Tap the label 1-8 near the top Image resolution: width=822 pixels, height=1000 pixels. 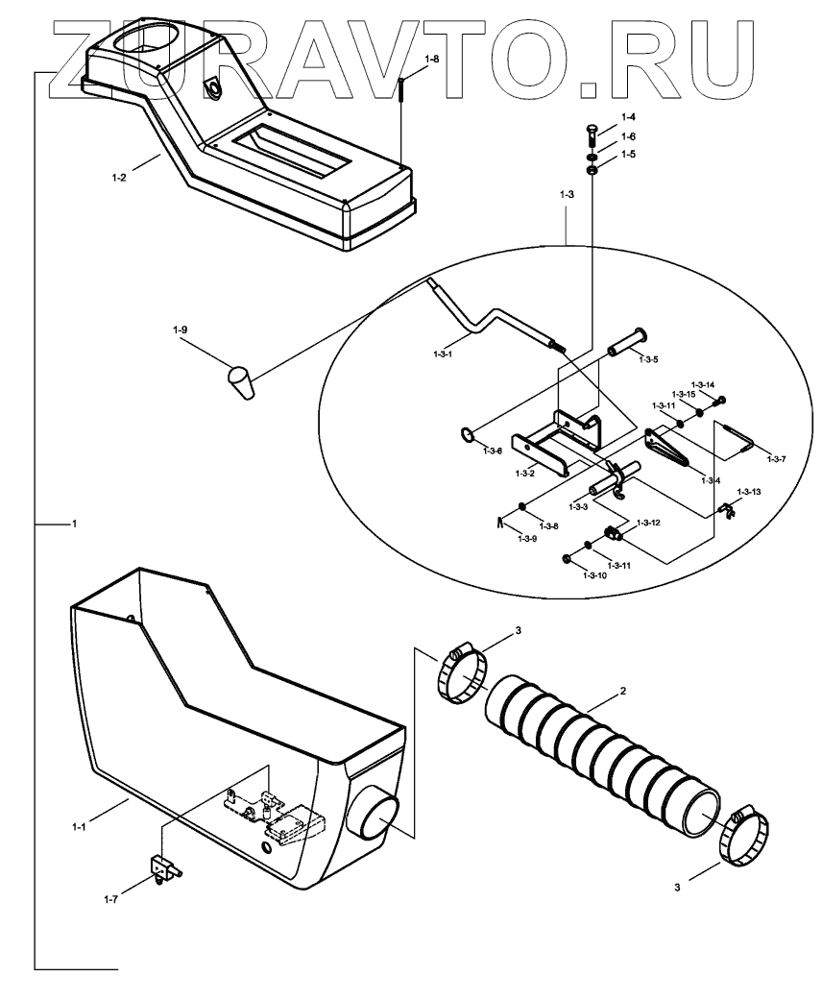point(432,59)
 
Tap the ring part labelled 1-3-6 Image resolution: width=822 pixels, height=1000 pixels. point(467,437)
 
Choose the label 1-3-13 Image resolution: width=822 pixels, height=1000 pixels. point(748,492)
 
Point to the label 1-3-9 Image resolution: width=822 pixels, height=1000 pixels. point(527,540)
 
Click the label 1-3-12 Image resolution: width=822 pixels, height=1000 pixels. point(648,523)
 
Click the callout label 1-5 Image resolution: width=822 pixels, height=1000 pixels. point(628,154)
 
